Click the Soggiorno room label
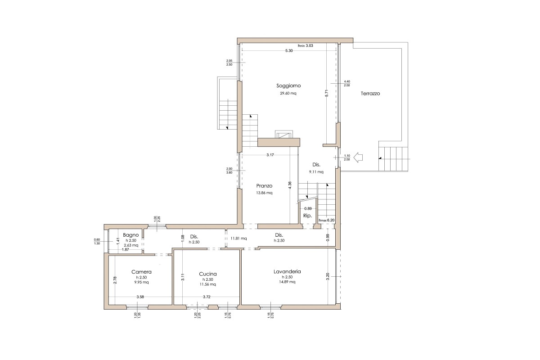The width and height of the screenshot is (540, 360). click(x=288, y=85)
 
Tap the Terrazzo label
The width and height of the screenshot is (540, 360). click(x=370, y=94)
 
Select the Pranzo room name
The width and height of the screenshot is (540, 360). click(x=265, y=185)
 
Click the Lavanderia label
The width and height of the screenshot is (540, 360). click(x=287, y=271)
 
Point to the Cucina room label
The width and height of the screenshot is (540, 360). click(x=208, y=274)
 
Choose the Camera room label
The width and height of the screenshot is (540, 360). click(x=141, y=272)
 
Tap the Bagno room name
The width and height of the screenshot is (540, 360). click(x=130, y=235)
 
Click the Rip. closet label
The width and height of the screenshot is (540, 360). click(x=308, y=216)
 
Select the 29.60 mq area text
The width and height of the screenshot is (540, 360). click(x=288, y=94)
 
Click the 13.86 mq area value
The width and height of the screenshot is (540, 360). click(x=265, y=193)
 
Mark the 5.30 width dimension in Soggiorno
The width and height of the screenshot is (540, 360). click(x=289, y=51)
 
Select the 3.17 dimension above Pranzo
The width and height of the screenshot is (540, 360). click(x=270, y=155)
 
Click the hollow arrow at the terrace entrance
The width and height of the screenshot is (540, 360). click(x=359, y=157)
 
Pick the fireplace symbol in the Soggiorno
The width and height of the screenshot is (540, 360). click(x=284, y=135)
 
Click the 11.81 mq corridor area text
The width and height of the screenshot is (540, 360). click(x=238, y=238)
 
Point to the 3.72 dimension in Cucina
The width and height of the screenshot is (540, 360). click(x=207, y=297)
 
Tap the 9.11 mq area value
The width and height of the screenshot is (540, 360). click(x=316, y=171)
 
